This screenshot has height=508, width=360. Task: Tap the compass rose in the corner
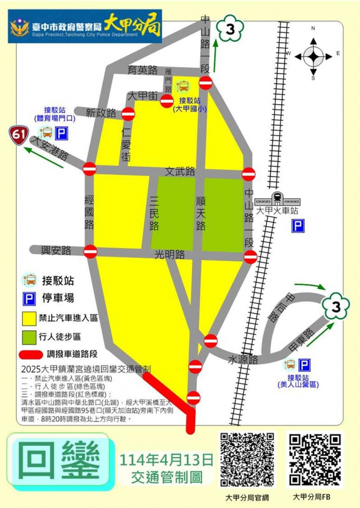tap(313, 56)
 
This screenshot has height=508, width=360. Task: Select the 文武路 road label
tap(180, 171)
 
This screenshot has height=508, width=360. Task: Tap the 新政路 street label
tap(101, 112)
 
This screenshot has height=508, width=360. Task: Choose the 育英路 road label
tap(142, 70)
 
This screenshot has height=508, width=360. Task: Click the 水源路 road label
tap(243, 360)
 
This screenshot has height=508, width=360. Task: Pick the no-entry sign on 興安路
tap(90, 251)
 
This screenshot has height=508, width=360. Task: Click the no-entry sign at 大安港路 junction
tap(89, 168)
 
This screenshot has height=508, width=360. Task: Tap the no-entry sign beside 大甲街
tap(167, 101)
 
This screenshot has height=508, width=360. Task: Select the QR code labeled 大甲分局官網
tap(247, 460)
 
